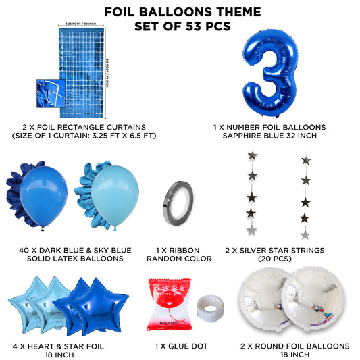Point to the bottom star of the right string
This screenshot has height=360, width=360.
[x=305, y=234]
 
